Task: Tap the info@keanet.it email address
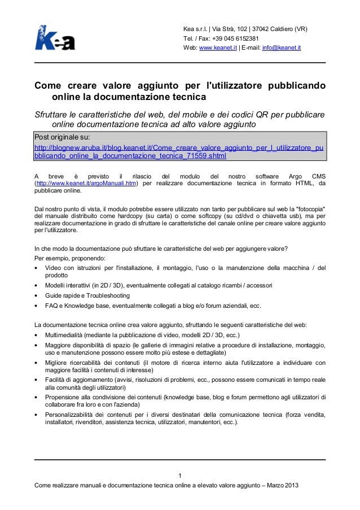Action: point(282,49)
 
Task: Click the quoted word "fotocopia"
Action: point(308,208)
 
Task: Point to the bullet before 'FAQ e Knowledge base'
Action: point(37,306)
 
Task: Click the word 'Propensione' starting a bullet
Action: point(63,396)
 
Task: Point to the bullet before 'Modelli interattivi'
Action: point(37,286)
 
